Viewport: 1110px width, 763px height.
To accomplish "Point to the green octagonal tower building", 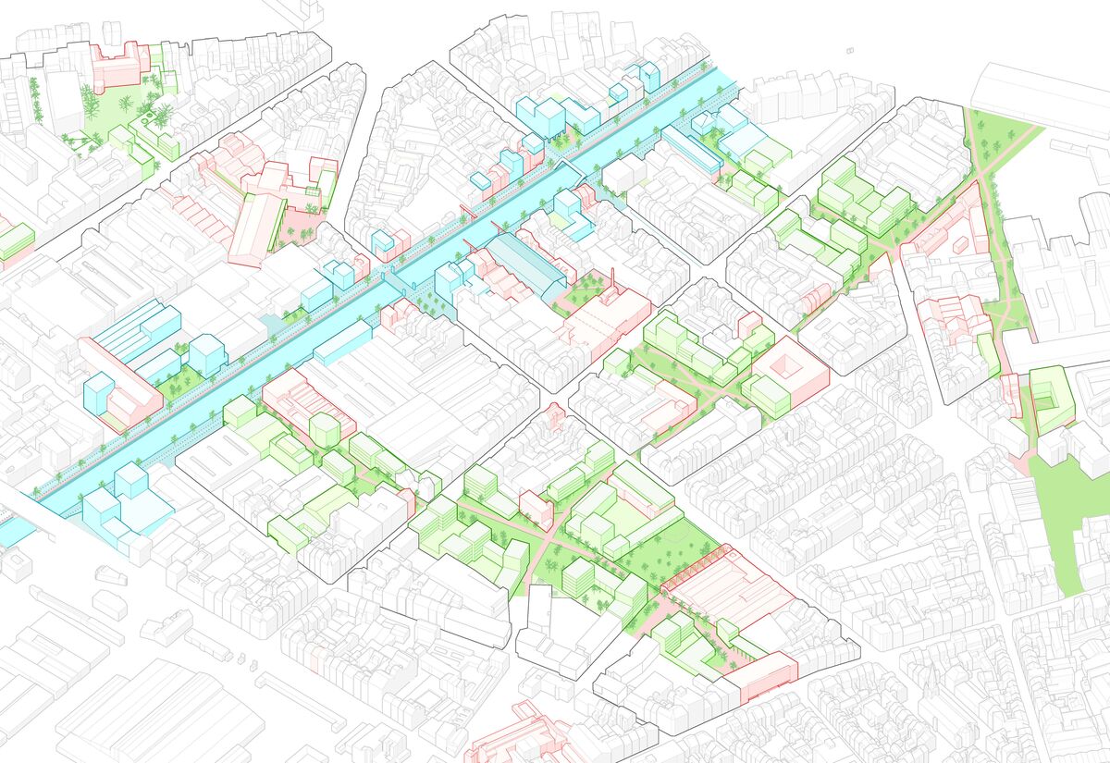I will [x=325, y=428].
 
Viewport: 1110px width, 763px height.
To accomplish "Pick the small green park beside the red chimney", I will [x=583, y=292].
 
